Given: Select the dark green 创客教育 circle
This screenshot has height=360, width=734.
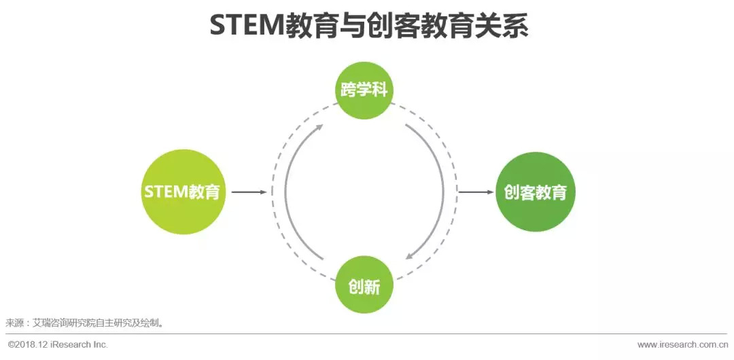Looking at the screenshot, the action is click(x=536, y=192).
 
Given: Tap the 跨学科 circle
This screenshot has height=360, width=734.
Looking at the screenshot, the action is click(x=364, y=90).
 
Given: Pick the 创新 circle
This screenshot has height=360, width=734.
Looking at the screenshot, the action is click(x=364, y=285).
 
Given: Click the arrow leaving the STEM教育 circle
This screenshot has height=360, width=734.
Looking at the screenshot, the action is click(x=249, y=192).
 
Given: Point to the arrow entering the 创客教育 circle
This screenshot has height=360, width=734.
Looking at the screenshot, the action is click(x=476, y=192).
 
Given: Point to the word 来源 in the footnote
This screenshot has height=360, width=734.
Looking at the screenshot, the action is click(x=14, y=323).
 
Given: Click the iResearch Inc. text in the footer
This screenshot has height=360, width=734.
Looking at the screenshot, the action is click(x=80, y=344).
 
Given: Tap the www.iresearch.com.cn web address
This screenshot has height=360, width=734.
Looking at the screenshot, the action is click(x=683, y=344).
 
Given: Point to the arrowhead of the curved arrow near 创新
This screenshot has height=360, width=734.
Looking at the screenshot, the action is click(x=408, y=256).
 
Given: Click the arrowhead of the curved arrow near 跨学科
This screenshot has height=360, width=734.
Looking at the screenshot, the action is click(x=319, y=127).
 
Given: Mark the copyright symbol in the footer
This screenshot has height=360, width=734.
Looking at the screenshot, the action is click(x=11, y=344).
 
